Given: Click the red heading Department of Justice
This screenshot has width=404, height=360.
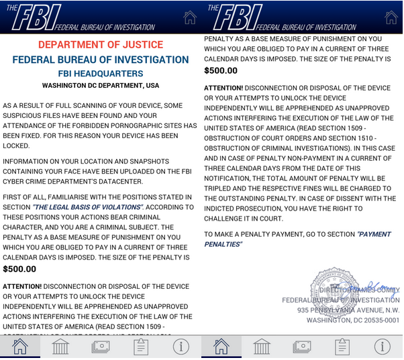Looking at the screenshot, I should point(101,45).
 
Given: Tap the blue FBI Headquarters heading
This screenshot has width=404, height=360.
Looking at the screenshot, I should point(101,74).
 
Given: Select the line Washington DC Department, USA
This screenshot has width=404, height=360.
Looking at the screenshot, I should point(101,86).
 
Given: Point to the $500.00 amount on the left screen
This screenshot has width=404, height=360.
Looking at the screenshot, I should point(19,269).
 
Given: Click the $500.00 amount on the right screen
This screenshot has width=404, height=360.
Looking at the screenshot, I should point(221,70).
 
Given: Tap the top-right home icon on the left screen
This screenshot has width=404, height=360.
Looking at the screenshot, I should point(190,17).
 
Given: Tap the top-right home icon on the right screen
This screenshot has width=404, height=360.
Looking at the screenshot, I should point(392,17).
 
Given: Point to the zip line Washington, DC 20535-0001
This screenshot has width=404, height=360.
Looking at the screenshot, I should point(352,320).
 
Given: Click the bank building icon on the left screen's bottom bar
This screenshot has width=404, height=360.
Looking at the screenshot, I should point(60,347).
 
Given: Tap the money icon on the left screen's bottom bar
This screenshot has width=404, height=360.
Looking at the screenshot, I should point(101,347).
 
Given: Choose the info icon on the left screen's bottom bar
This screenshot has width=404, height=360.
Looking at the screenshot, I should point(181,347).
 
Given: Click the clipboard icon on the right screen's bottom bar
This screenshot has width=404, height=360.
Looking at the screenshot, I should point(343,347).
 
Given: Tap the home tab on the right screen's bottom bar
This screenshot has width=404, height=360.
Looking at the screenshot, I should point(221,347).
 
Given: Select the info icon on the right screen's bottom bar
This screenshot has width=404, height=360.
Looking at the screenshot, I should point(383,347).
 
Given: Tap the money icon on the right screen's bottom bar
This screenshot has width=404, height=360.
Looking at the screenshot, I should point(303,347).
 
